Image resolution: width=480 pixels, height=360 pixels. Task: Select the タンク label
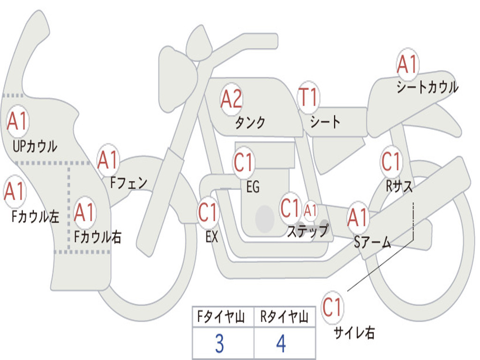click(250, 123)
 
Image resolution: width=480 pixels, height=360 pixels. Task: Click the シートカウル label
click(427, 88)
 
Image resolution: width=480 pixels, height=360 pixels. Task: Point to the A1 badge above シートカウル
click(407, 65)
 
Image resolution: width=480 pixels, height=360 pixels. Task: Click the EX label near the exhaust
click(212, 237)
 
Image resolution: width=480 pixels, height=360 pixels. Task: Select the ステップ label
click(307, 231)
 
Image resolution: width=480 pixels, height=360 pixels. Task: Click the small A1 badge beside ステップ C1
click(311, 210)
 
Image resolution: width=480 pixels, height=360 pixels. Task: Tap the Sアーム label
click(373, 243)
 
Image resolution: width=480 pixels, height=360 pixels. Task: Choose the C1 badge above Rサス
click(391, 162)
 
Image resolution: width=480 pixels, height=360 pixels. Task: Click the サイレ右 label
click(354, 333)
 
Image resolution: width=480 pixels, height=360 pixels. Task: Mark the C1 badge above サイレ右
click(332, 307)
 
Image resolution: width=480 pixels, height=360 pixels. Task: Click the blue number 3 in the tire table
click(219, 345)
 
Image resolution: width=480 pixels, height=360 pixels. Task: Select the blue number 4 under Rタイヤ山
click(281, 345)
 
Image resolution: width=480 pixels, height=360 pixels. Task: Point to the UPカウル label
click(35, 146)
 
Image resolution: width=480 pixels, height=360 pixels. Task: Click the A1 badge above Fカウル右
click(85, 213)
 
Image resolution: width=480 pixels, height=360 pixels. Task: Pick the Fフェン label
click(128, 182)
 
